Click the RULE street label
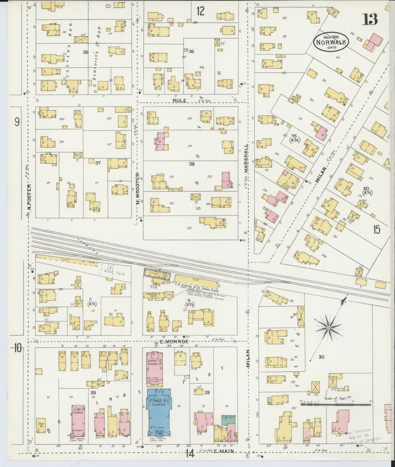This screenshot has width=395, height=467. pos(180,101)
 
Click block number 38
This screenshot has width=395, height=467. pos(192,164)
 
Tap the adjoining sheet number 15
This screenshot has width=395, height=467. pos(376,230)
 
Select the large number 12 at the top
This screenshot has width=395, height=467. pos(200,11)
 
